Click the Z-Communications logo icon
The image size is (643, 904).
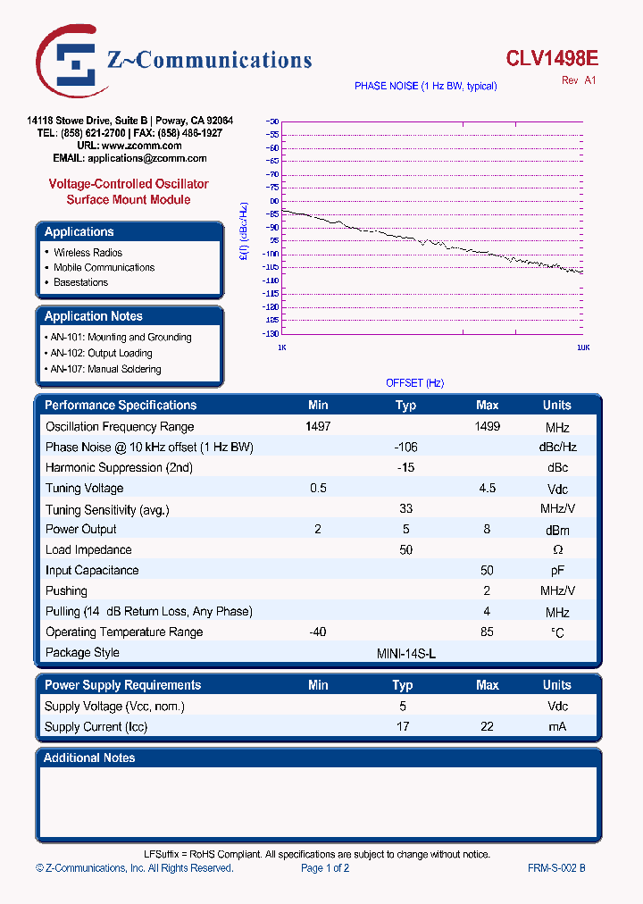[x=70, y=61]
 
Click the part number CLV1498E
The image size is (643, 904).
[x=552, y=59]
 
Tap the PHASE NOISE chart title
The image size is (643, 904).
[x=425, y=86]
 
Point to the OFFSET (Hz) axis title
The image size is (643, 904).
[x=414, y=382]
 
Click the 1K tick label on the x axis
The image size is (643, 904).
[x=282, y=347]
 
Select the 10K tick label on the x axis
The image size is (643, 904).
[x=581, y=347]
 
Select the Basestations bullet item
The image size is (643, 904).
[x=80, y=282]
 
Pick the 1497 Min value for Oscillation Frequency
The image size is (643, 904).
[x=318, y=427]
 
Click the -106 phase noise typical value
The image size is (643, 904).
[x=405, y=447]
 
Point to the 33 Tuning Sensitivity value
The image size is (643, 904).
[x=405, y=509]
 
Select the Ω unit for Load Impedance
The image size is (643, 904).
[x=557, y=550]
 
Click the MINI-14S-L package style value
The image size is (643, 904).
[x=406, y=653]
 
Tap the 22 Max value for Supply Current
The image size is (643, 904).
[x=487, y=727]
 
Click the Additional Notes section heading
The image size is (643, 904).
[x=90, y=758]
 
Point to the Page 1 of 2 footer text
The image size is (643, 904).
[x=325, y=868]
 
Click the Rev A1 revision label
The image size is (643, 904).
[x=578, y=80]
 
